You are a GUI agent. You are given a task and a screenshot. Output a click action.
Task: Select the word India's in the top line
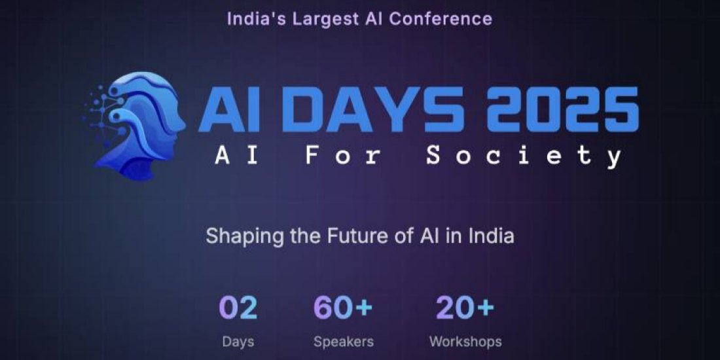pos(253,18)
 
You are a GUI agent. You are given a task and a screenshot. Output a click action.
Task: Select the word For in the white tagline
pos(334,156)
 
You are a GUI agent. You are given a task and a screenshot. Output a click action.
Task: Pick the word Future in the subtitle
pos(347,236)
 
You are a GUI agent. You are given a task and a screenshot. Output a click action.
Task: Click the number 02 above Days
pos(238,308)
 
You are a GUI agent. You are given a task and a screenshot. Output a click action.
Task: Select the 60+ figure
pos(343,308)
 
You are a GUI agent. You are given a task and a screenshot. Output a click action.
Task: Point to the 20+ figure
pos(465,308)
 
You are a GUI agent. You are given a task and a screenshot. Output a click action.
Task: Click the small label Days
pos(238,342)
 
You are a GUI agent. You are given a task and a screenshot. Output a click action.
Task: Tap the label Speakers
pos(343,342)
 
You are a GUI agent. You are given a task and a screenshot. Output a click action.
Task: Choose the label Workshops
pos(465,342)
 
